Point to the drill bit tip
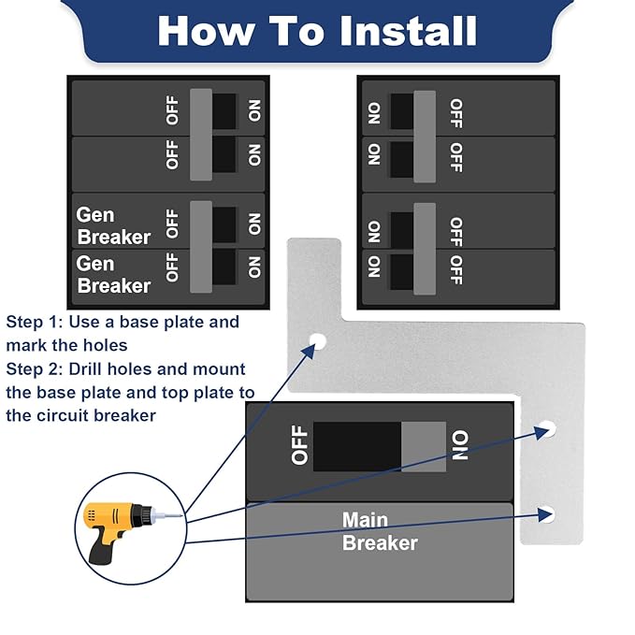(180, 513)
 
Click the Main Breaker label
(380, 531)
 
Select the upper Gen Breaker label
(112, 226)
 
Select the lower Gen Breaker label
(112, 274)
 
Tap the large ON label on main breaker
(461, 446)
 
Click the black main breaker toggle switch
(357, 446)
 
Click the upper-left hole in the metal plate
(318, 342)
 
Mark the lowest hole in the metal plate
(547, 512)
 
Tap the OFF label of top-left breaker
(172, 110)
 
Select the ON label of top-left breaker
(254, 110)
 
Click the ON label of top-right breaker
(374, 112)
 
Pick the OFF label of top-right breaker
(455, 112)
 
